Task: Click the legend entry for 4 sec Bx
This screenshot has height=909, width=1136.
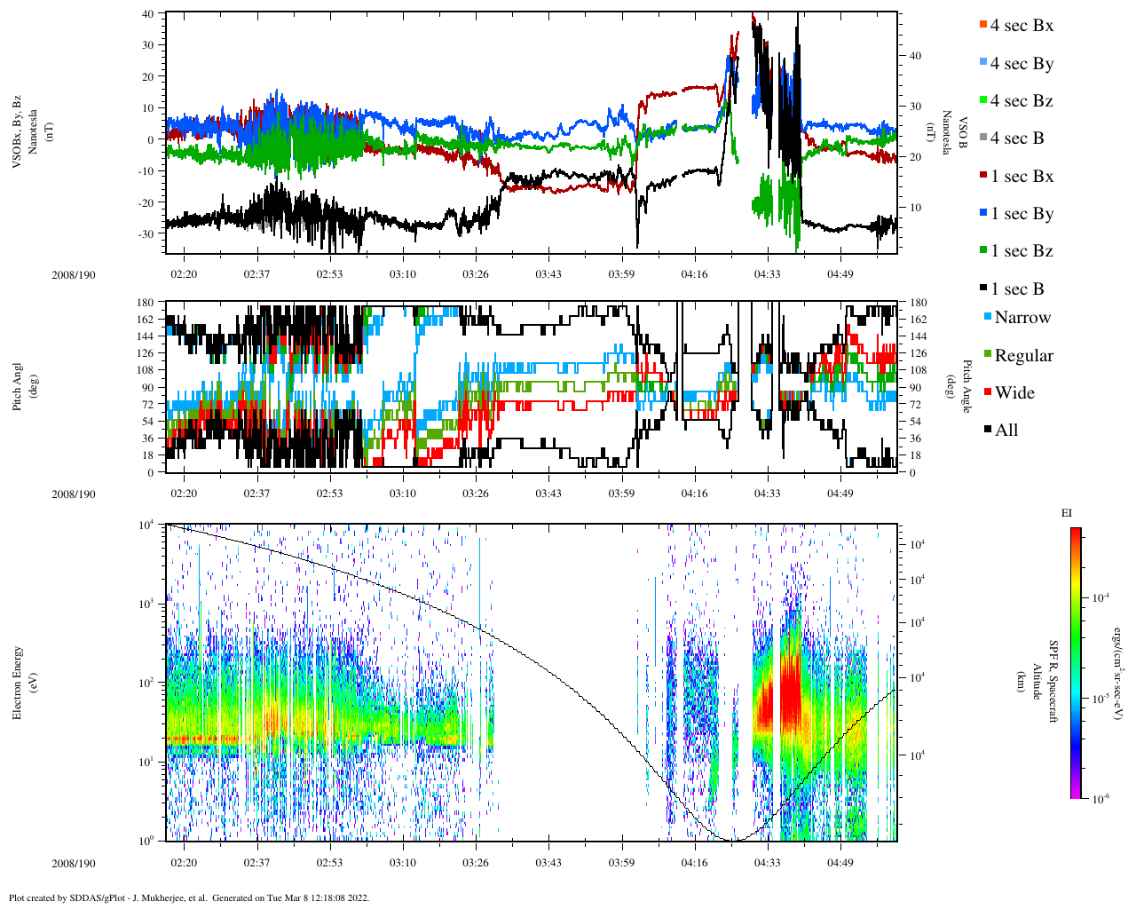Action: click(x=1021, y=26)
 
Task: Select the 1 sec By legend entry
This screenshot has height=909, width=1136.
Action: click(x=1021, y=214)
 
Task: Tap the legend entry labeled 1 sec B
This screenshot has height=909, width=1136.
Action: click(x=1016, y=289)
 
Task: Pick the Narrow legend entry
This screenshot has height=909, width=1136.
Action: click(x=1022, y=318)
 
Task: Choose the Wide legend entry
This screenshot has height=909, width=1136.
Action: click(x=1014, y=393)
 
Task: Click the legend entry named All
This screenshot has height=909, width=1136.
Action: click(x=1006, y=431)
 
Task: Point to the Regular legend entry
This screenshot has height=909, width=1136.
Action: click(x=1023, y=356)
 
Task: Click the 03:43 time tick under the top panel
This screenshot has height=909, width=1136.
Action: click(x=548, y=274)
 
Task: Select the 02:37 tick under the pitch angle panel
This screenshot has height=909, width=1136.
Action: click(x=257, y=494)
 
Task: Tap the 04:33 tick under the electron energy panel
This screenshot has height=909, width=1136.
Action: click(x=768, y=863)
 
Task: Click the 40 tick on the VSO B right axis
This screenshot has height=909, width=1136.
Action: click(x=915, y=56)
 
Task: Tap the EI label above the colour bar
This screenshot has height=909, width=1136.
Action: click(x=1067, y=513)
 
